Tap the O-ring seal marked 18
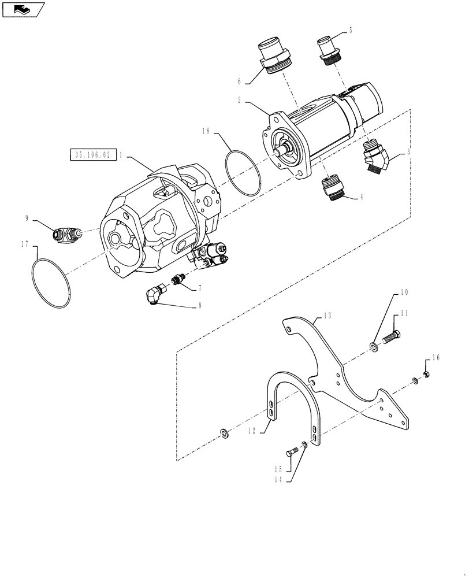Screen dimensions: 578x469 pyautogui.click(x=244, y=172)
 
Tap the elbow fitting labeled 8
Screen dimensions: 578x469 pyautogui.click(x=154, y=296)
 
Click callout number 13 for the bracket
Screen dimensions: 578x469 pyautogui.click(x=327, y=317)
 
